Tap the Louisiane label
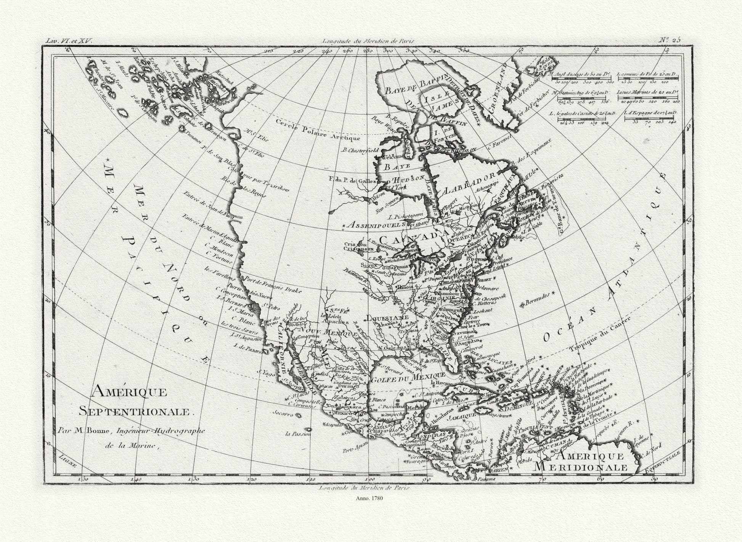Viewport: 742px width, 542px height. pyautogui.click(x=387, y=317)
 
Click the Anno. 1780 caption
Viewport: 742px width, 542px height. pyautogui.click(x=369, y=498)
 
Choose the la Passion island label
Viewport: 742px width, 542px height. pyautogui.click(x=298, y=433)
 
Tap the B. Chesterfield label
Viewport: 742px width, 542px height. pyautogui.click(x=360, y=150)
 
